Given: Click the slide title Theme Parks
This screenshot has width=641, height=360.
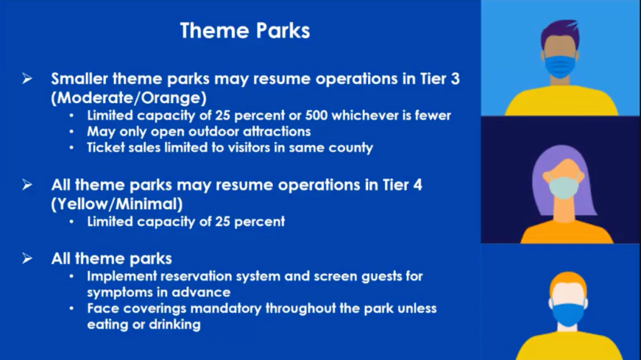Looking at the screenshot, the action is pyautogui.click(x=245, y=31).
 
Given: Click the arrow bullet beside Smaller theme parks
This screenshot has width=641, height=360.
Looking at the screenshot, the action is pyautogui.click(x=27, y=78).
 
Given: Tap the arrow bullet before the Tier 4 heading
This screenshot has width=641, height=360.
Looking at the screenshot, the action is pyautogui.click(x=27, y=185).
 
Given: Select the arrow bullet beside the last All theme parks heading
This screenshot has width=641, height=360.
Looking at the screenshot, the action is pyautogui.click(x=27, y=258).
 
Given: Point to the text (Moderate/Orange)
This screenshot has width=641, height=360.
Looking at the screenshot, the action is pyautogui.click(x=129, y=98).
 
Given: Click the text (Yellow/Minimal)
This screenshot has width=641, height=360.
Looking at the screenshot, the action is pyautogui.click(x=117, y=203).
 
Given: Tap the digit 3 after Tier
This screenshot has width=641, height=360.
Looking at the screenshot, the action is pyautogui.click(x=456, y=78).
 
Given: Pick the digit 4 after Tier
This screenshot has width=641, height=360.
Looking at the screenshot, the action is pyautogui.click(x=418, y=185).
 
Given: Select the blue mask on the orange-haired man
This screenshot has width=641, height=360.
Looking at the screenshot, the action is pyautogui.click(x=568, y=314).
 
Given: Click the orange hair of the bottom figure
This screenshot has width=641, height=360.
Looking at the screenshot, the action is pyautogui.click(x=568, y=283).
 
